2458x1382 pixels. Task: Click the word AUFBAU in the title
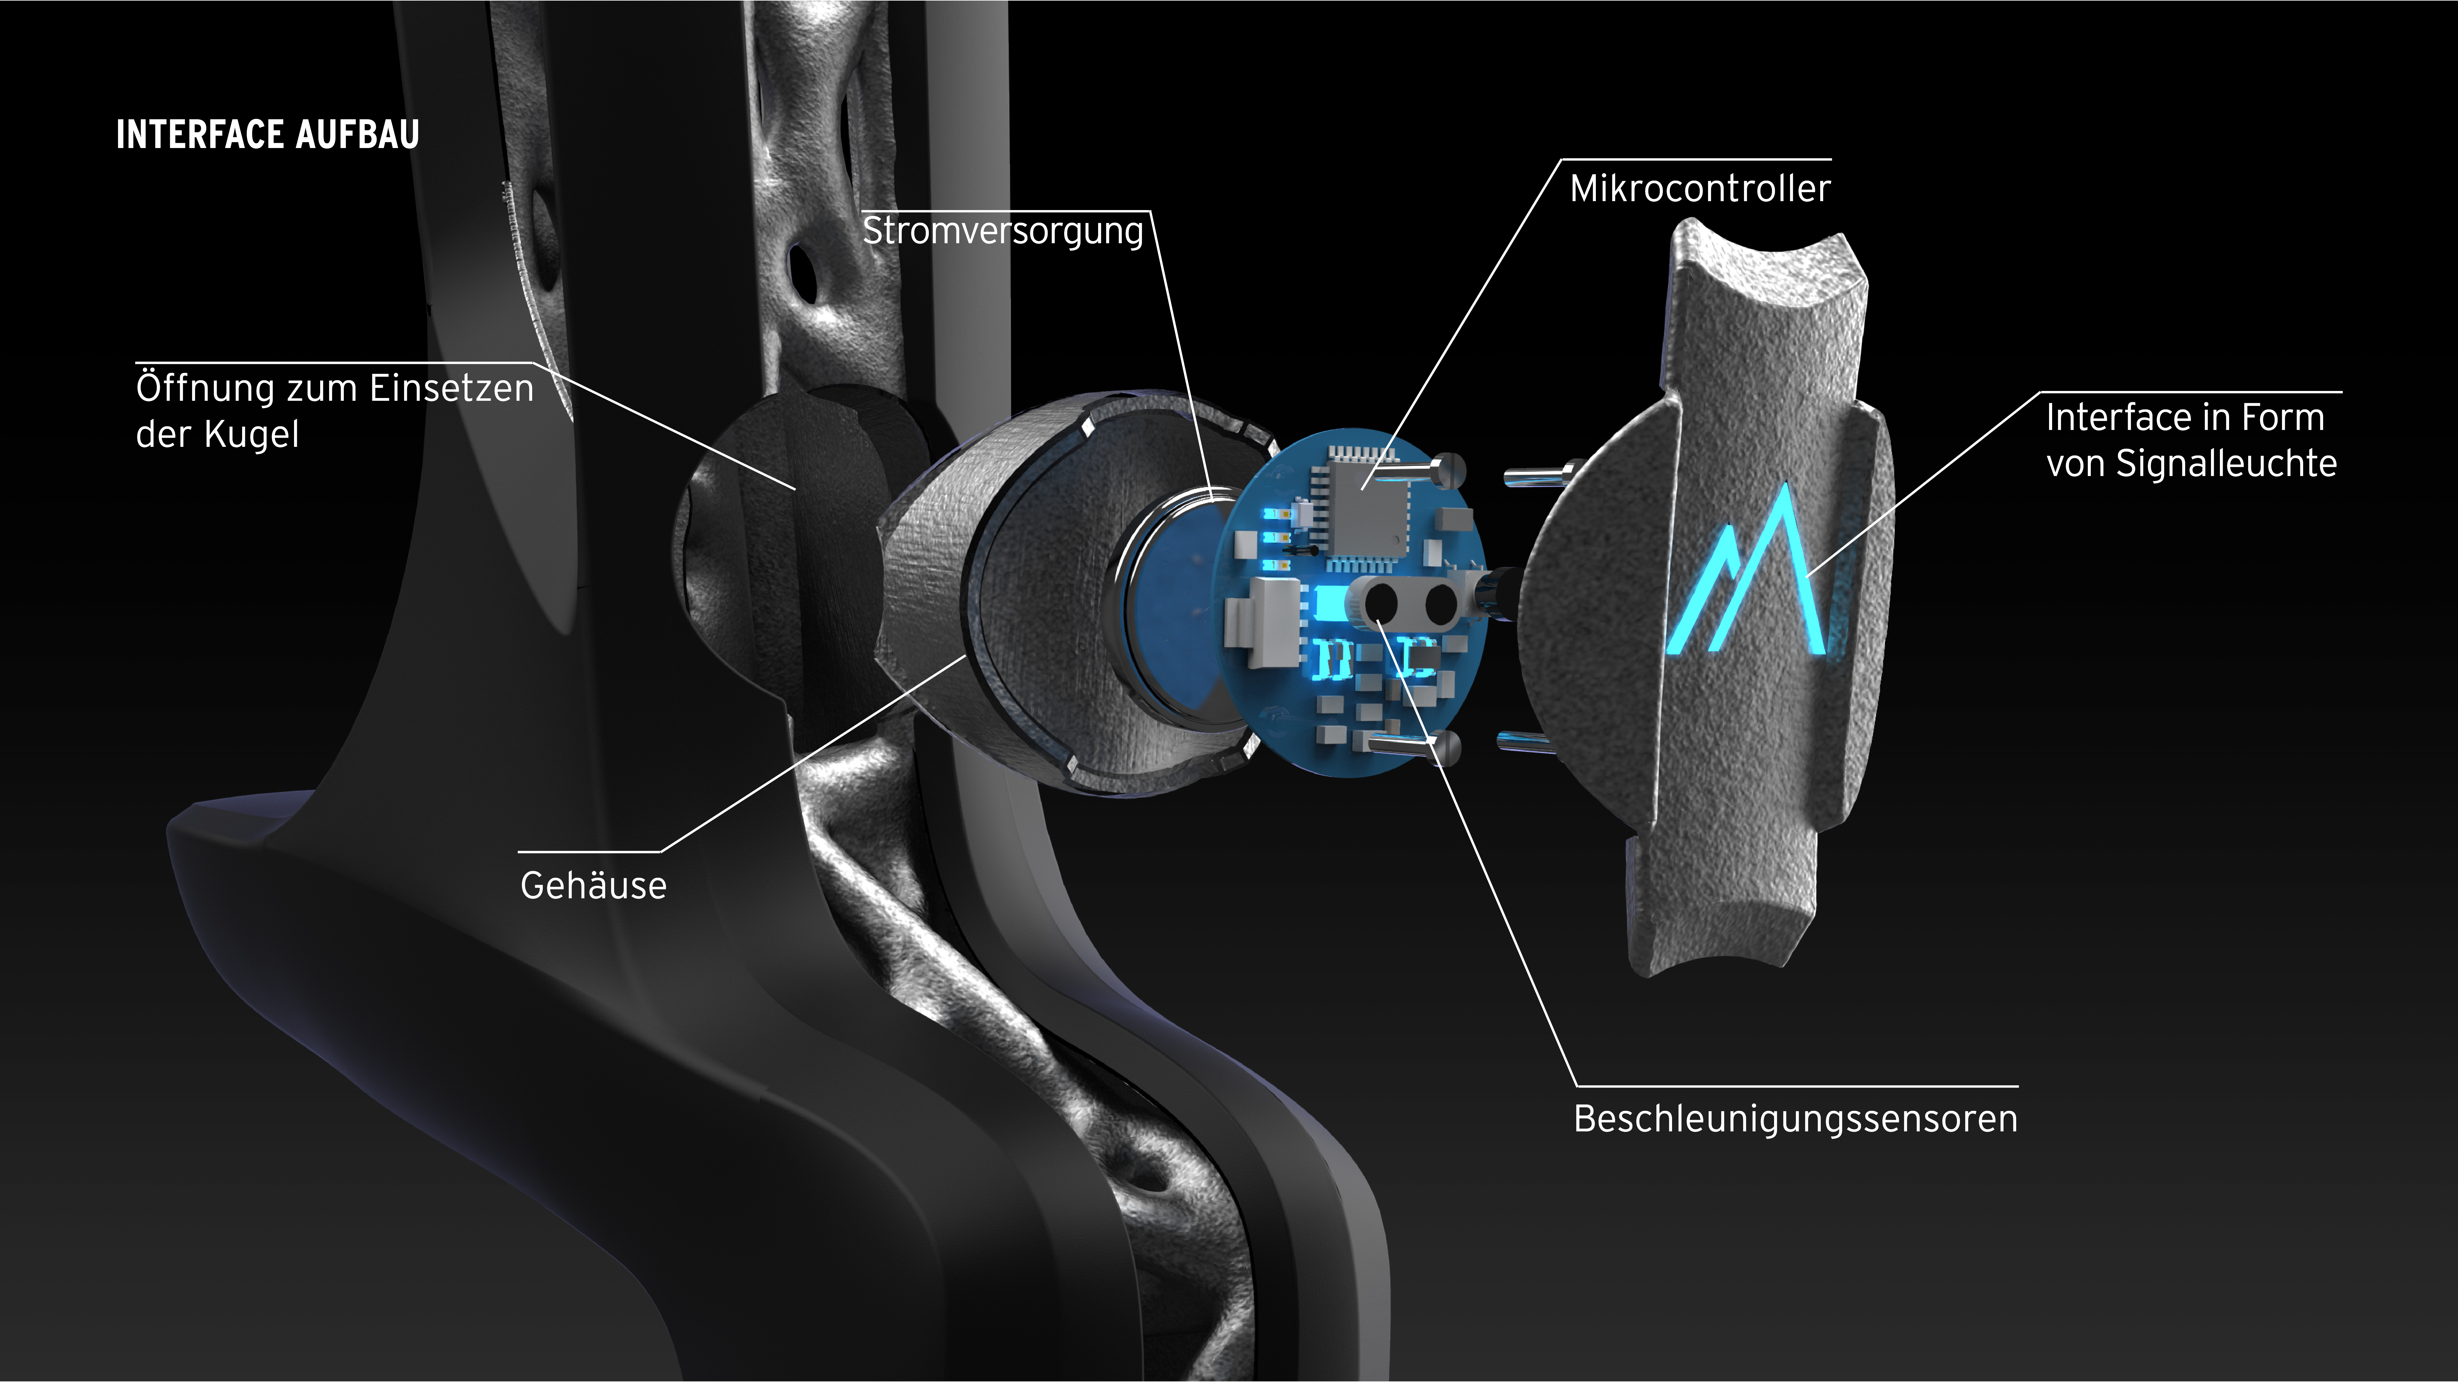coord(358,135)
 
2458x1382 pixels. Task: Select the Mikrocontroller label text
coord(1700,188)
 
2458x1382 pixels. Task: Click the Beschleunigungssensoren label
coord(1796,1119)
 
